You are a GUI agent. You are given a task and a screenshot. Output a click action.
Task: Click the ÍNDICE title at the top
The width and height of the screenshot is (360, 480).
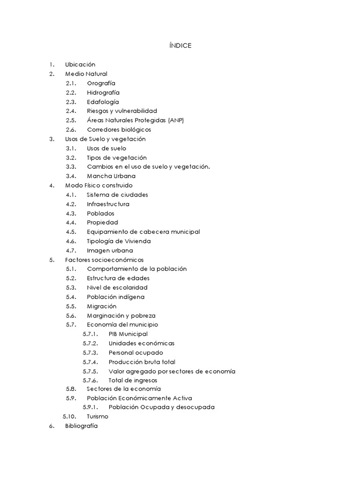(x=180, y=45)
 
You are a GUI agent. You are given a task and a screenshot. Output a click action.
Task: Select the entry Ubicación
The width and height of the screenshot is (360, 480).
(x=80, y=65)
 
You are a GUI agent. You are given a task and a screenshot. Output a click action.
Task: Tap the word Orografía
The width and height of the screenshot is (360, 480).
(x=101, y=83)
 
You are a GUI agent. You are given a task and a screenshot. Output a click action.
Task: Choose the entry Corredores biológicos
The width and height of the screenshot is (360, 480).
(x=119, y=130)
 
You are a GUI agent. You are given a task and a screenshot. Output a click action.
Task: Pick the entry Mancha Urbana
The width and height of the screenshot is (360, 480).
(x=111, y=176)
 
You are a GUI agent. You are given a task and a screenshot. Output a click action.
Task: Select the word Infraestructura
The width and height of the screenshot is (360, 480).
(x=108, y=204)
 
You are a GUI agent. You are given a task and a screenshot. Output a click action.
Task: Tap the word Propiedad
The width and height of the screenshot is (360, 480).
(x=103, y=223)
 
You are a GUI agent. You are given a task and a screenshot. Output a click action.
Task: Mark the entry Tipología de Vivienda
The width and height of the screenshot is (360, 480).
(x=119, y=241)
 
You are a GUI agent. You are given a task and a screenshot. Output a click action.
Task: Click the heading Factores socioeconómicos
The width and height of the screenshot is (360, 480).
(x=105, y=260)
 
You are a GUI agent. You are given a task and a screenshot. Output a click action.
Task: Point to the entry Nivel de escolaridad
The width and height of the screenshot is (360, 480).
(x=117, y=287)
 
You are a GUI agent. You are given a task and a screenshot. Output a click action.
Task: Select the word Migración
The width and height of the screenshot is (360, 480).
(x=102, y=306)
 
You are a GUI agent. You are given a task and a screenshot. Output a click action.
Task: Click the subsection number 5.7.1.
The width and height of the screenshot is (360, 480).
(x=90, y=334)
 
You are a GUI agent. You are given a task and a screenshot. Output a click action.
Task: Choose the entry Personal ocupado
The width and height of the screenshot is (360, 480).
(x=136, y=352)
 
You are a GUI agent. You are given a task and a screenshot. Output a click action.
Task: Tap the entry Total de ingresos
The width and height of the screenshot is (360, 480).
(x=133, y=380)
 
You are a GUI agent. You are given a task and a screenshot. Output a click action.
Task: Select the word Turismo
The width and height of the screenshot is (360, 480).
(x=97, y=416)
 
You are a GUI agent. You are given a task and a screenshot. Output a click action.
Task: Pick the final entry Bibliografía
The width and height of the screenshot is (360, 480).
(x=82, y=426)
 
